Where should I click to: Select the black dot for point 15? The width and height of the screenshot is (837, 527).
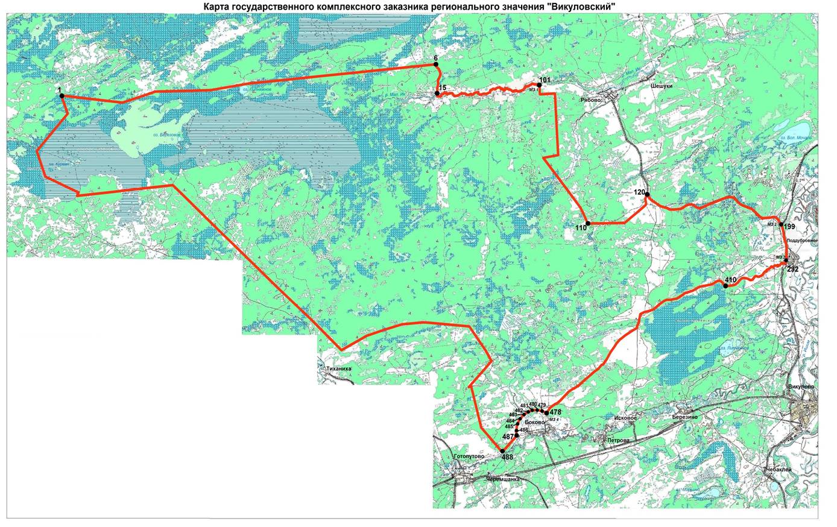pyautogui.click(x=437, y=93)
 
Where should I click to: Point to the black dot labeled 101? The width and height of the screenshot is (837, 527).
pyautogui.click(x=539, y=86)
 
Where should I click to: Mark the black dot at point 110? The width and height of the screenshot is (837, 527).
pyautogui.click(x=587, y=224)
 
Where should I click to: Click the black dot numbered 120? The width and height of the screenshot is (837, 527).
pyautogui.click(x=646, y=194)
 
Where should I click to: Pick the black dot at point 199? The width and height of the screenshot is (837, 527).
pyautogui.click(x=781, y=225)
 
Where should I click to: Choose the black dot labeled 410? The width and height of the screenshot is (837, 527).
pyautogui.click(x=724, y=286)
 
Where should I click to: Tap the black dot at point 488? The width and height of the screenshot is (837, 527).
pyautogui.click(x=502, y=450)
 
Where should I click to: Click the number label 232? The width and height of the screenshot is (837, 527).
pyautogui.click(x=793, y=270)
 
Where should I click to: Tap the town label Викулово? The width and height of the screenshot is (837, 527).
pyautogui.click(x=801, y=386)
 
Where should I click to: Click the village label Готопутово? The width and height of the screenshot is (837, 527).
pyautogui.click(x=468, y=456)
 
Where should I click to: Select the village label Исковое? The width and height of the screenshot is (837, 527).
pyautogui.click(x=624, y=417)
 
